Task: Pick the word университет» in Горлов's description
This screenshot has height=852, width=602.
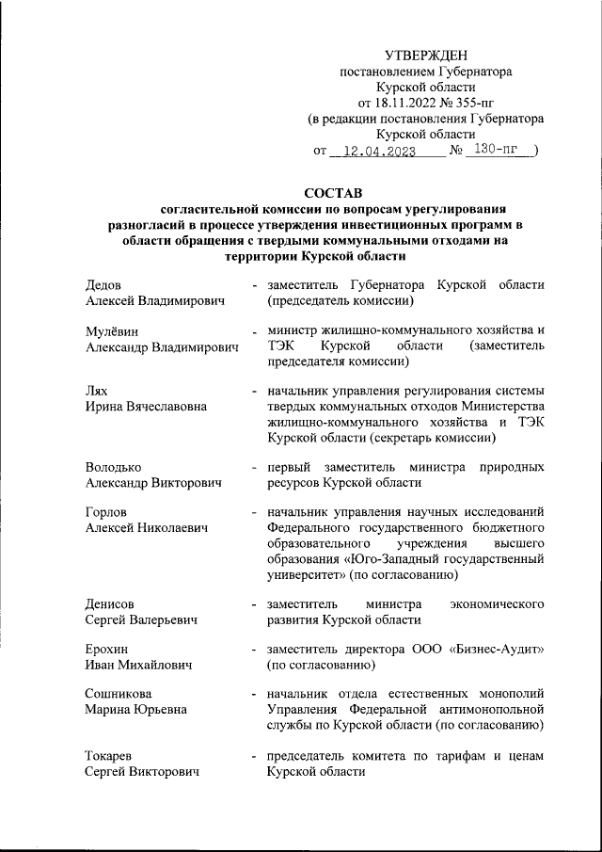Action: [308, 573]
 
